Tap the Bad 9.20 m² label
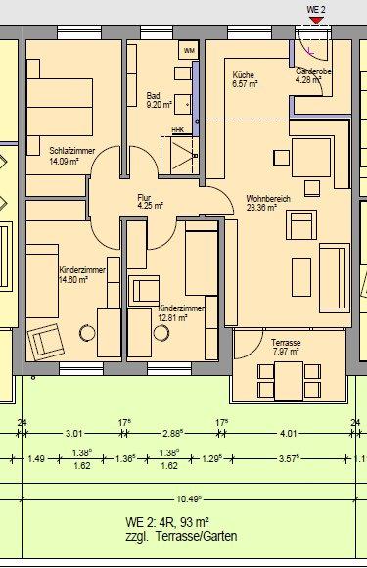[x=159, y=100]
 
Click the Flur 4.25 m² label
[x=150, y=202]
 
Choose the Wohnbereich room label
[x=267, y=203]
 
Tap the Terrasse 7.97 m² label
[x=286, y=347]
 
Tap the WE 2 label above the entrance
[x=316, y=10]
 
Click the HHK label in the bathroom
[x=177, y=128]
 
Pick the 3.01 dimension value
[x=73, y=432]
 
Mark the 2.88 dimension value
[x=172, y=432]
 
